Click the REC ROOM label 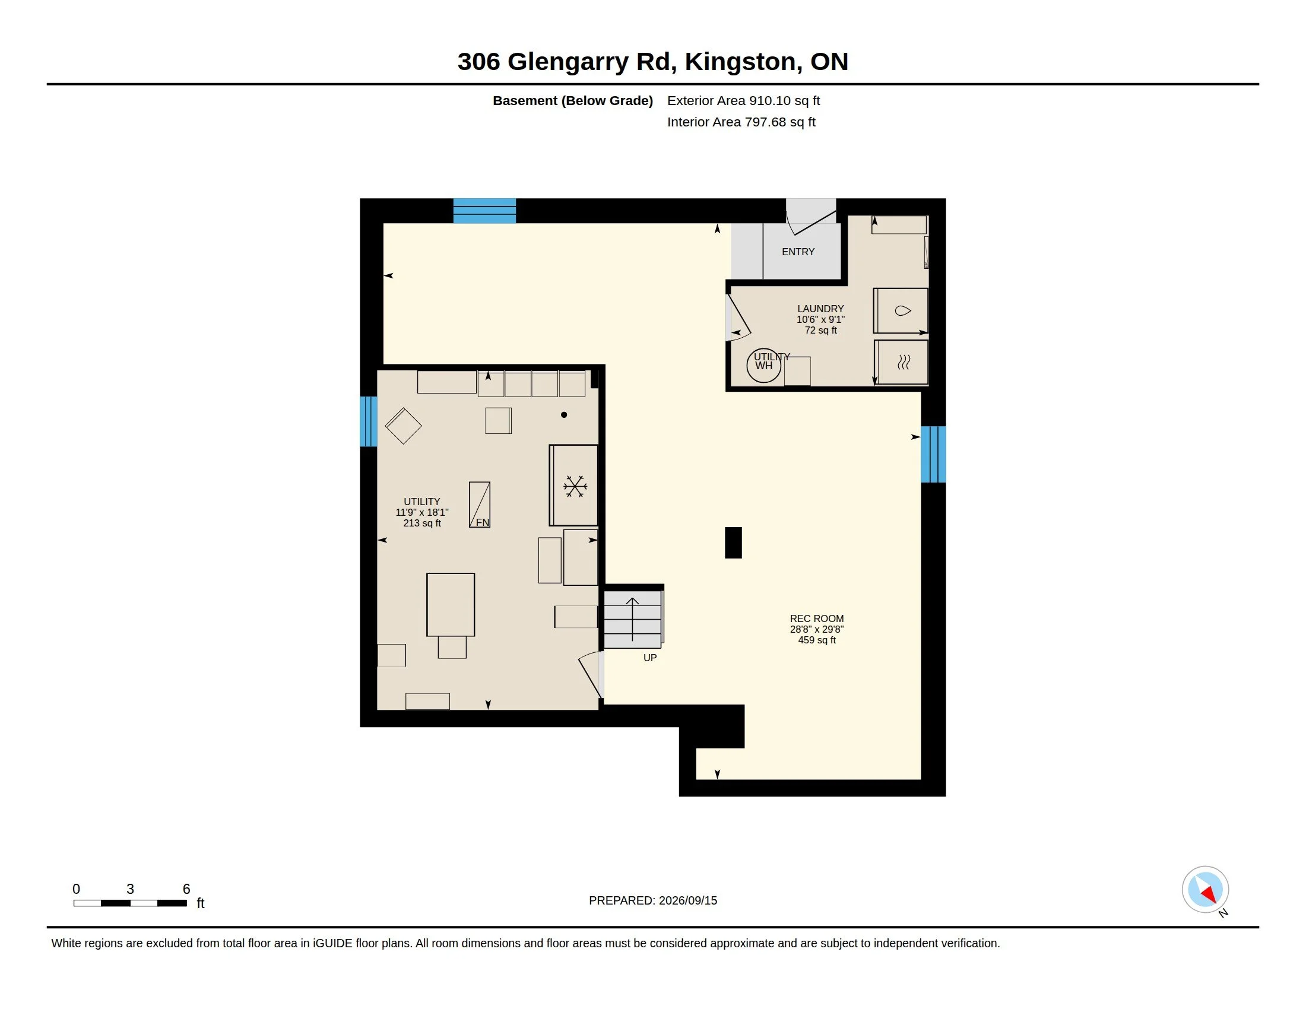[x=816, y=618]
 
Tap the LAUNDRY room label [x=820, y=309]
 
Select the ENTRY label [x=798, y=252]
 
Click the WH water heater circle [x=763, y=365]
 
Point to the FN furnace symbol [x=480, y=504]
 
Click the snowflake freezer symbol [x=575, y=487]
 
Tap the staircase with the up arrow [x=633, y=619]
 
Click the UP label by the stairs [x=650, y=658]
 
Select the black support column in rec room [x=733, y=542]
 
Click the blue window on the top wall [x=484, y=211]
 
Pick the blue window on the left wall [x=369, y=421]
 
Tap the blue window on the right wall [x=933, y=454]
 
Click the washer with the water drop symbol [x=901, y=311]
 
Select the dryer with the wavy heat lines [x=902, y=362]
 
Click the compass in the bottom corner [x=1205, y=890]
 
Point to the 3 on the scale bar [x=131, y=889]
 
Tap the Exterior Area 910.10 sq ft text [x=743, y=100]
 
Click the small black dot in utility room [x=564, y=415]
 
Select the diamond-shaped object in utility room [x=404, y=426]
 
